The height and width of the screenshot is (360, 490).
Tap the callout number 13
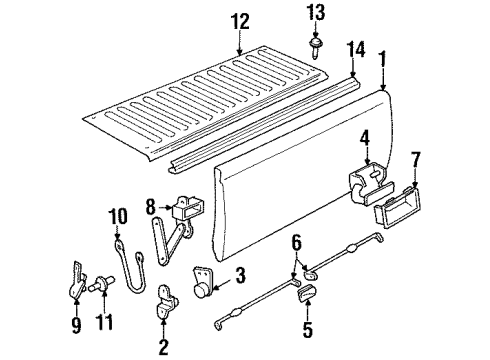click(x=315, y=13)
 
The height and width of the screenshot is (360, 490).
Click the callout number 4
click(x=367, y=138)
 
